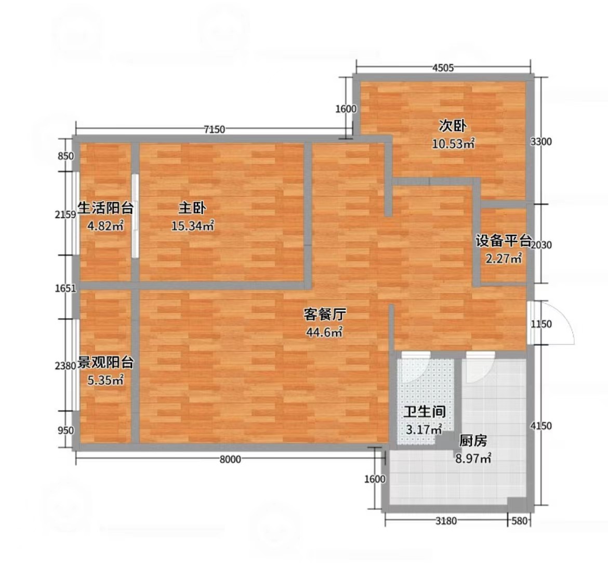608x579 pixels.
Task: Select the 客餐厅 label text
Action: click(x=325, y=314)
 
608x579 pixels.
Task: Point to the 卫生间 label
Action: click(x=425, y=412)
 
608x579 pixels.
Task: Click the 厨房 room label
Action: click(x=473, y=441)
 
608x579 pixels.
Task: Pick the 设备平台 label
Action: click(x=504, y=241)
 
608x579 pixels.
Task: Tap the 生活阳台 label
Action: click(x=105, y=208)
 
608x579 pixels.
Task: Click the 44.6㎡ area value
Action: click(x=325, y=332)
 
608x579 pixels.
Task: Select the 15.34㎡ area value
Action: click(x=193, y=226)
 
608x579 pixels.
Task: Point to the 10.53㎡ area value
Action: click(x=454, y=144)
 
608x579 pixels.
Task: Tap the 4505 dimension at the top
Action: click(x=443, y=68)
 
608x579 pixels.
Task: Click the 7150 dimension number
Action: click(x=215, y=129)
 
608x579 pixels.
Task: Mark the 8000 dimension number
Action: click(x=230, y=459)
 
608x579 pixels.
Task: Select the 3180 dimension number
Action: click(x=446, y=521)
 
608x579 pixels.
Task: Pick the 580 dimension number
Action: click(x=520, y=521)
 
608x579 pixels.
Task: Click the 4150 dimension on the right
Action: click(x=541, y=426)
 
